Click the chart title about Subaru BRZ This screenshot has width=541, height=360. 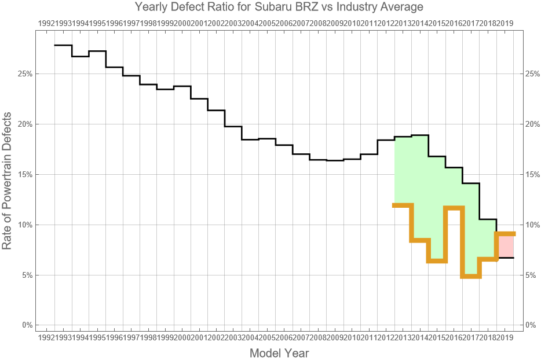click(279, 8)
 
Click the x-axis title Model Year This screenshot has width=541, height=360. click(279, 353)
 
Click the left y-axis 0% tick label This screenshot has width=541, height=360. click(27, 325)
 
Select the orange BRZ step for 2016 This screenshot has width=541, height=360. click(454, 208)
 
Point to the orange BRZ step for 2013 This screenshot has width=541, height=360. click(403, 205)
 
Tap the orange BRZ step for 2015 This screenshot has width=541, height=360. click(437, 261)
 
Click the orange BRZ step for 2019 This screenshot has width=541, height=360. click(505, 234)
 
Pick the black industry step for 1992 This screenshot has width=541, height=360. click(63, 45)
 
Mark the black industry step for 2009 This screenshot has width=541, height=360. click(335, 160)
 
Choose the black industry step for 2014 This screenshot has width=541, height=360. click(420, 135)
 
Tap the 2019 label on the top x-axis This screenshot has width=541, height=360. click(505, 23)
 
